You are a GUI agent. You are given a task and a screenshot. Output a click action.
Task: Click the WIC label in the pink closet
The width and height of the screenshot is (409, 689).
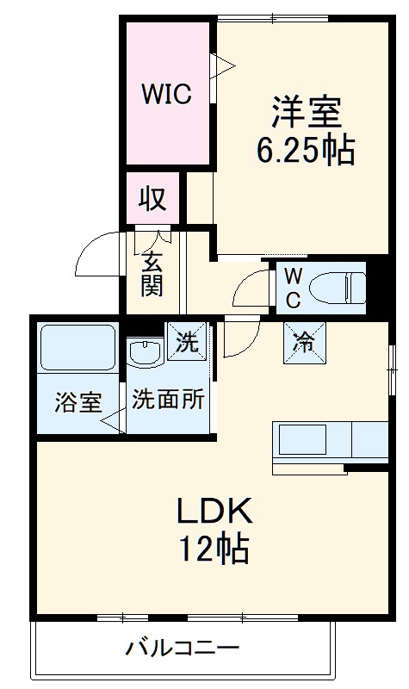pos(167,94)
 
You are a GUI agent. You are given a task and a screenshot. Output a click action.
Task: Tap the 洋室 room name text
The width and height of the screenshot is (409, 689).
pos(305,113)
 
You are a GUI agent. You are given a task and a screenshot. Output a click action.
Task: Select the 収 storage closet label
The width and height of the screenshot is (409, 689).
pos(153,199)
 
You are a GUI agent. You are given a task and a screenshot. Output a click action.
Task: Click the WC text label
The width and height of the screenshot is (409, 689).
pos(293,288)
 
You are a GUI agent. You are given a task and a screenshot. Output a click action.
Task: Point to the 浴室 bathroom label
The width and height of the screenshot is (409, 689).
pos(78,402)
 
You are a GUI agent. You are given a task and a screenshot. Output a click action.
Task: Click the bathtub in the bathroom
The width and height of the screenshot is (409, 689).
pos(78,347)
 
